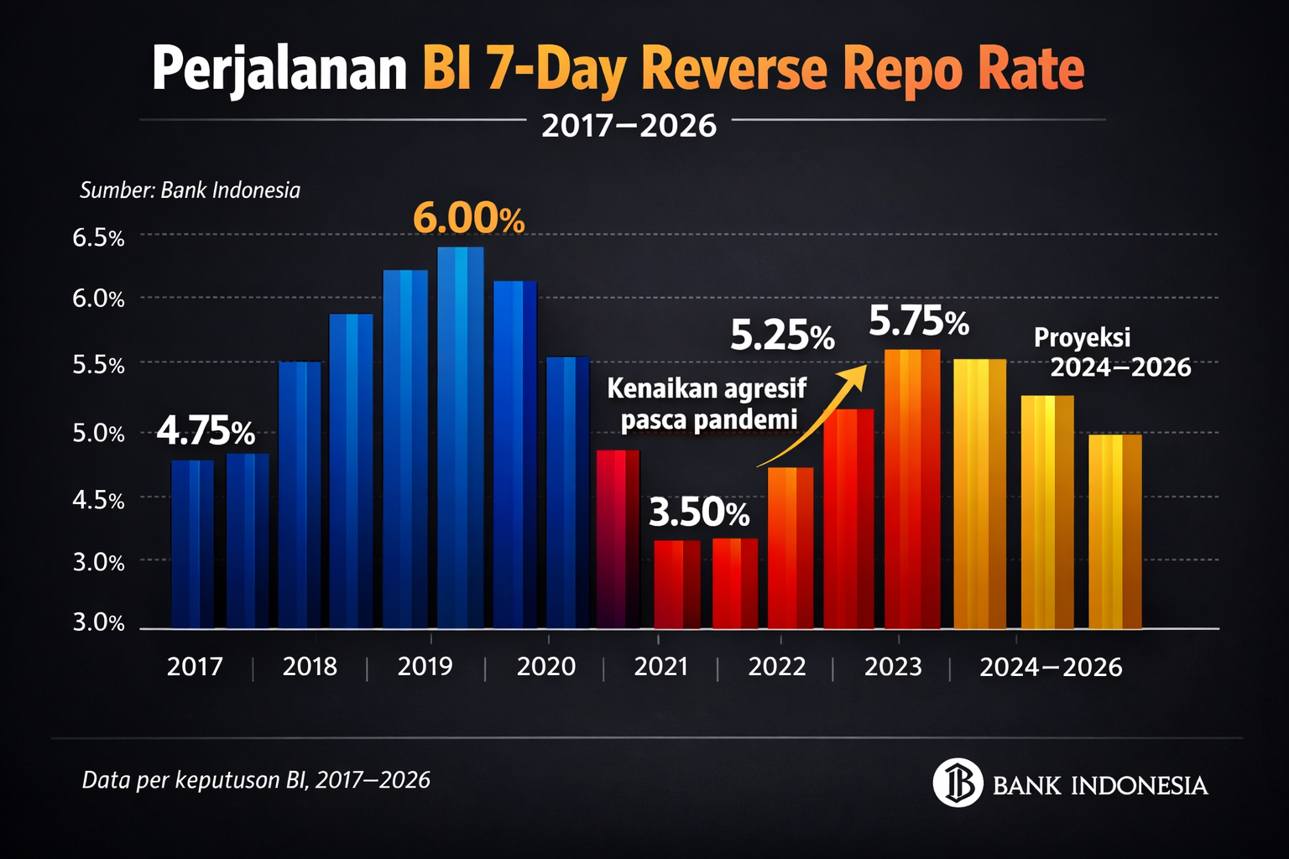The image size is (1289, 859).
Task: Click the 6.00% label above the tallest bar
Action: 469,219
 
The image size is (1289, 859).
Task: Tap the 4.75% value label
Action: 206,431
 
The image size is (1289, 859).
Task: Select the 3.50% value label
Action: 699,513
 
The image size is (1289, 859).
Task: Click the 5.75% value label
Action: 919,320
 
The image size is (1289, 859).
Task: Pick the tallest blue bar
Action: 460,438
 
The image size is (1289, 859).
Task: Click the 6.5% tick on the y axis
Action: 98,237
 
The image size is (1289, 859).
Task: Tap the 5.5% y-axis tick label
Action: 98,366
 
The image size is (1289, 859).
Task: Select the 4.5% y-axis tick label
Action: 98,501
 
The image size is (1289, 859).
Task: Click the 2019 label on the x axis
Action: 425,666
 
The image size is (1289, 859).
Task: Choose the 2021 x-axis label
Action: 661,667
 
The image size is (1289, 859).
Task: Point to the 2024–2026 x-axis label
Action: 1051,668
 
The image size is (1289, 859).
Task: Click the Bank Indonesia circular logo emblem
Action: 958,783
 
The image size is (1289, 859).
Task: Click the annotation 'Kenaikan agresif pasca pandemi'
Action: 707,403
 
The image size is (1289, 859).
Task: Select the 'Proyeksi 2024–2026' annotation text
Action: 1112,352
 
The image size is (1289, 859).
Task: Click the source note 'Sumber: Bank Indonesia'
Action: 190,190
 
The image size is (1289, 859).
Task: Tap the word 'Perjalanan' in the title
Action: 279,69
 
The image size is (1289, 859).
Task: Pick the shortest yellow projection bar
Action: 1115,532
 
